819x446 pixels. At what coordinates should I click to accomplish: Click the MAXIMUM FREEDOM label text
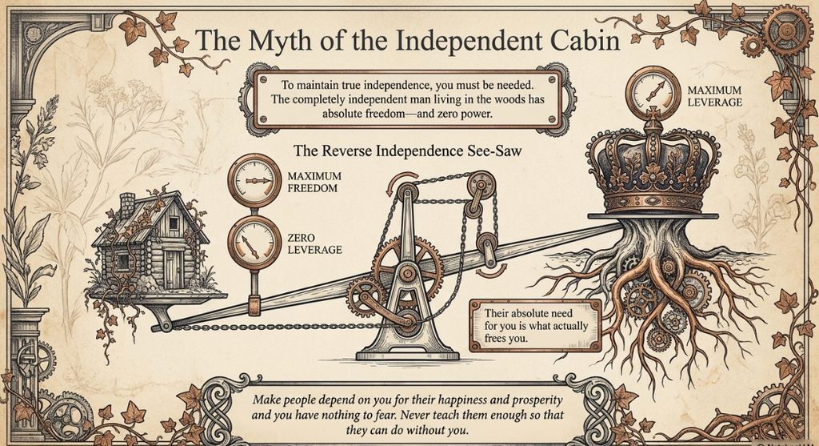coord(314,182)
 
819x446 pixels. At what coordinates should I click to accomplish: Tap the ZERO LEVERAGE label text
coord(314,243)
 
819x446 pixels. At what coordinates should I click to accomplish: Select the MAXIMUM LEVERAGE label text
coord(714,96)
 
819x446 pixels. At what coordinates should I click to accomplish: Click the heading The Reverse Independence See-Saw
coord(407,151)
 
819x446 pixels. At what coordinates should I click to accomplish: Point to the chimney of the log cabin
coord(127,203)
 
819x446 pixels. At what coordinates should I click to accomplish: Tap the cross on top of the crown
coord(653,113)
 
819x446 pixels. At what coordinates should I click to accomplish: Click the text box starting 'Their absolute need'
coord(536,326)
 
